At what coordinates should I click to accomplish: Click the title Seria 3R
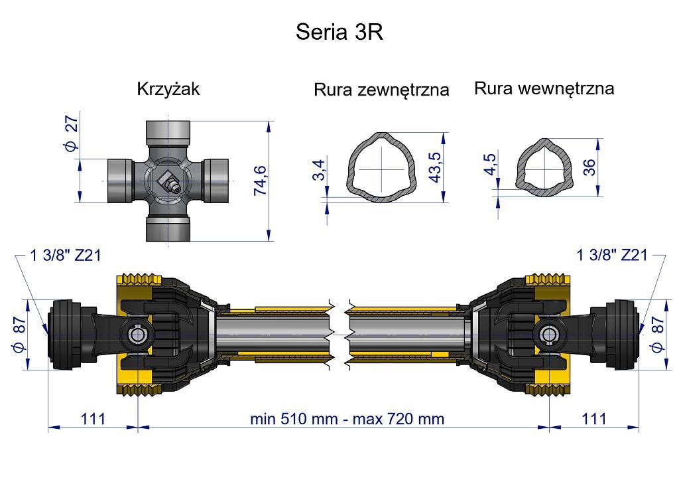(x=339, y=32)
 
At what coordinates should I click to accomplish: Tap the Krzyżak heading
(x=168, y=89)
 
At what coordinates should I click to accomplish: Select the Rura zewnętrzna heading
(x=381, y=90)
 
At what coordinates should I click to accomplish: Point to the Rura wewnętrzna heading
(x=544, y=88)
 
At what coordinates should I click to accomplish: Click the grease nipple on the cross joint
(x=168, y=182)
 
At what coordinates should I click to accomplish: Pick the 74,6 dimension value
(x=260, y=181)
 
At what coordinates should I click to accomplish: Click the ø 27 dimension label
(x=72, y=134)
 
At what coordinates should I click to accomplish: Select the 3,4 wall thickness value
(x=318, y=170)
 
